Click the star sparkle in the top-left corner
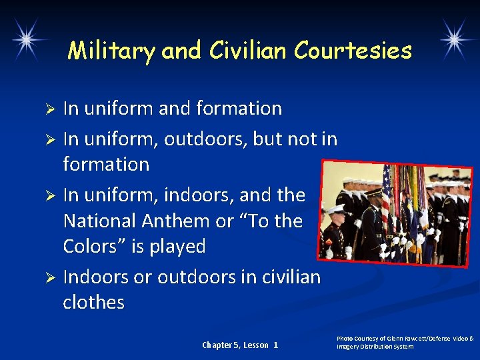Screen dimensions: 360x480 tap(27, 39)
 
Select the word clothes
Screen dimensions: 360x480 tap(93, 302)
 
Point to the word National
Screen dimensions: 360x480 tap(99, 221)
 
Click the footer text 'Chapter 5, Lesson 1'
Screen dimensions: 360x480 tap(240, 345)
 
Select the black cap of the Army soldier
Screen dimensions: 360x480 tap(375, 193)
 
